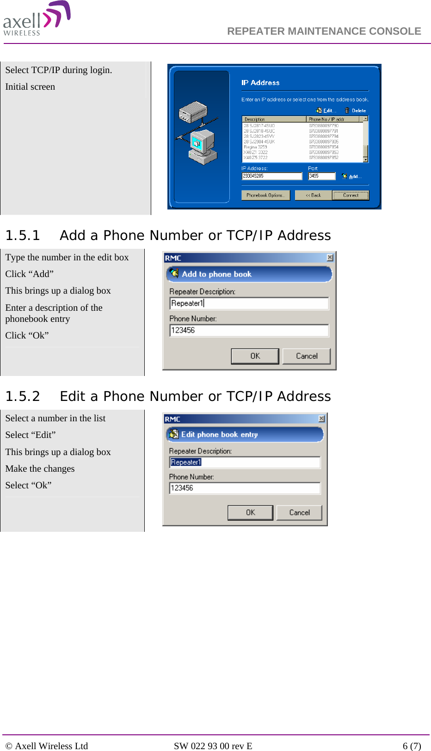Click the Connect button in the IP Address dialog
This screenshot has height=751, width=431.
(x=351, y=195)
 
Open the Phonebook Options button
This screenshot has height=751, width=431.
(x=265, y=195)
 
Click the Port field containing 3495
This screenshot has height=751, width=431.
(x=321, y=176)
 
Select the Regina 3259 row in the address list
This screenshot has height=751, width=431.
(x=256, y=147)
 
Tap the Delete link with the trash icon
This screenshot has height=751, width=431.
(x=356, y=111)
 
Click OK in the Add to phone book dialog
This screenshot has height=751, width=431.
(x=255, y=356)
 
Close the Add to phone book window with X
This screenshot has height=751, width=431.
(x=330, y=258)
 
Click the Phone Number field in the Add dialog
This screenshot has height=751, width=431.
(x=249, y=330)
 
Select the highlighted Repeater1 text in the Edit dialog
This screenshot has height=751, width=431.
(x=186, y=462)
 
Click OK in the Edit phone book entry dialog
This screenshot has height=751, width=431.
(x=251, y=512)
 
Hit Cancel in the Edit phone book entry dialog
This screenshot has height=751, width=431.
(x=299, y=512)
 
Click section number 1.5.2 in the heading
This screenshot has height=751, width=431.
(x=23, y=396)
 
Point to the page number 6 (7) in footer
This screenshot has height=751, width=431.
(x=412, y=745)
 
